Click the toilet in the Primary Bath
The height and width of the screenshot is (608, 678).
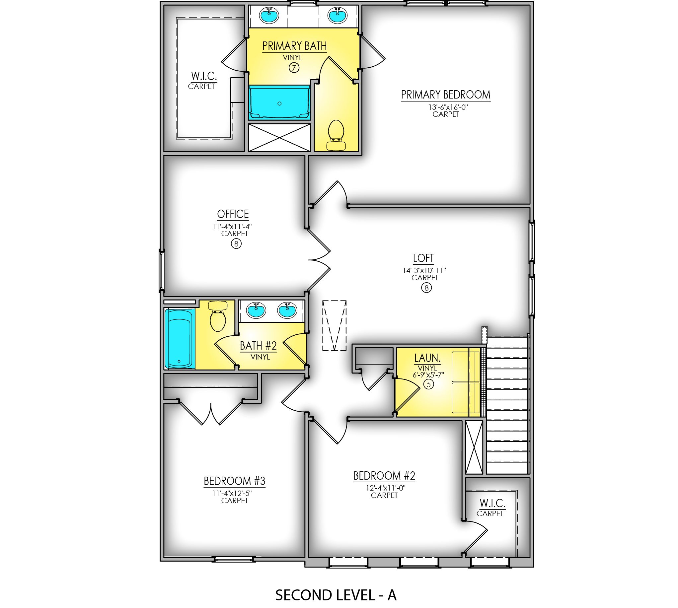(x=337, y=134)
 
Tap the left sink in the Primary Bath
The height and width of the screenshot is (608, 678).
(x=269, y=15)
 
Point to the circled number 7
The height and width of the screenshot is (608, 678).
(x=294, y=68)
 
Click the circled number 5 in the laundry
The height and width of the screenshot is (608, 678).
(x=428, y=384)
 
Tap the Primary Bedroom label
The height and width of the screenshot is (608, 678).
(x=445, y=95)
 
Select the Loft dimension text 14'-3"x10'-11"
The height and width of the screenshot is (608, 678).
(x=424, y=270)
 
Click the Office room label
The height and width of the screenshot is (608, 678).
(x=233, y=214)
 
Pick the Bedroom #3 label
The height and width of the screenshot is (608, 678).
(x=234, y=481)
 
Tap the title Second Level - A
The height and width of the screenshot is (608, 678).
(x=336, y=595)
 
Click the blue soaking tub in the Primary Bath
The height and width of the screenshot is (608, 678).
(x=279, y=102)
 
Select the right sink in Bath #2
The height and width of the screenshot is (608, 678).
(x=287, y=310)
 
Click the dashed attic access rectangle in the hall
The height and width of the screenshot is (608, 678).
(x=334, y=325)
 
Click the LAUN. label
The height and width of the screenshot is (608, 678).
(x=427, y=358)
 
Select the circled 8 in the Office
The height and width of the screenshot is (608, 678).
(x=236, y=244)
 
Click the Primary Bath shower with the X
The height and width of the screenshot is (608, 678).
(x=279, y=138)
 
